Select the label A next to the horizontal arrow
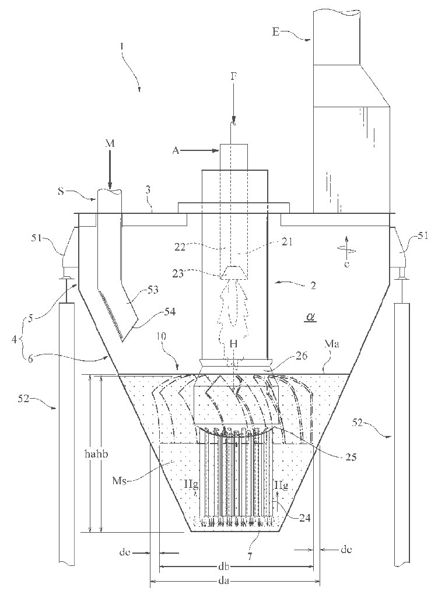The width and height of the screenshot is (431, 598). (176, 150)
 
